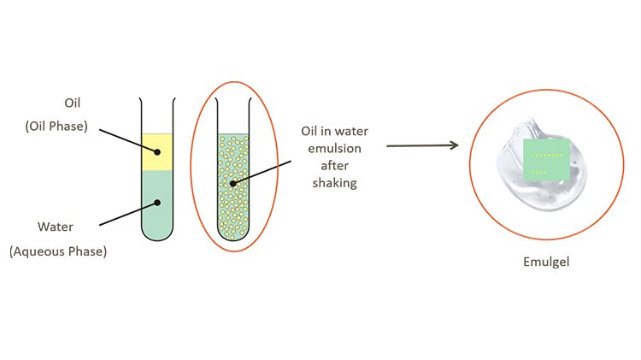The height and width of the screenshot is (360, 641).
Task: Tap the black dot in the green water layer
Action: tap(156, 203)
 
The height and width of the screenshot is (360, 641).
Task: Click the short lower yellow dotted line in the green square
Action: tap(538, 173)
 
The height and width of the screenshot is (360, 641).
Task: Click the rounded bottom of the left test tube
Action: tap(157, 234)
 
